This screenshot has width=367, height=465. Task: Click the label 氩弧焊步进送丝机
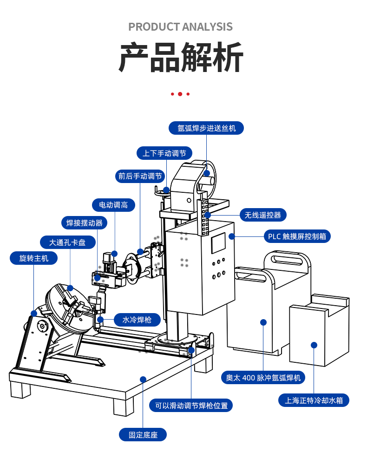pyautogui.click(x=207, y=128)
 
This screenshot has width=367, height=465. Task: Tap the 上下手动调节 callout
pyautogui.click(x=164, y=153)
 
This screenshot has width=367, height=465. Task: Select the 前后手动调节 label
pyautogui.click(x=140, y=176)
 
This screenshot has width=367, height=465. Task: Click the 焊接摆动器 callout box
pyautogui.click(x=84, y=223)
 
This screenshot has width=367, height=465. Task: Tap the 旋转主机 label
pyautogui.click(x=33, y=258)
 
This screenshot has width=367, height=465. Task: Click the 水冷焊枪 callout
pyautogui.click(x=138, y=320)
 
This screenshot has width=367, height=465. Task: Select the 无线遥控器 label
pyautogui.click(x=263, y=215)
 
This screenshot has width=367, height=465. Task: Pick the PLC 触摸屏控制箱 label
pyautogui.click(x=297, y=236)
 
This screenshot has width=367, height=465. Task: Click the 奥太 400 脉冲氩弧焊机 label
pyautogui.click(x=263, y=377)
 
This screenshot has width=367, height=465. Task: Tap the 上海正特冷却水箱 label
pyautogui.click(x=314, y=400)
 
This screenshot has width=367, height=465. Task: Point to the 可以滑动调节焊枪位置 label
pyautogui.click(x=191, y=405)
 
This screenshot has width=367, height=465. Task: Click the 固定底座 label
pyautogui.click(x=143, y=435)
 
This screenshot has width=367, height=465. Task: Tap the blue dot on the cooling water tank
pyautogui.click(x=314, y=345)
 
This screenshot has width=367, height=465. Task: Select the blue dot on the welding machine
pyautogui.click(x=263, y=322)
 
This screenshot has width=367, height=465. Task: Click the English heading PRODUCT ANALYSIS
pyautogui.click(x=180, y=26)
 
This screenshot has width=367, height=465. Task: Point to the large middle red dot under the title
pyautogui.click(x=180, y=94)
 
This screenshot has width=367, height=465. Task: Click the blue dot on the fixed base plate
pyautogui.click(x=143, y=379)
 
